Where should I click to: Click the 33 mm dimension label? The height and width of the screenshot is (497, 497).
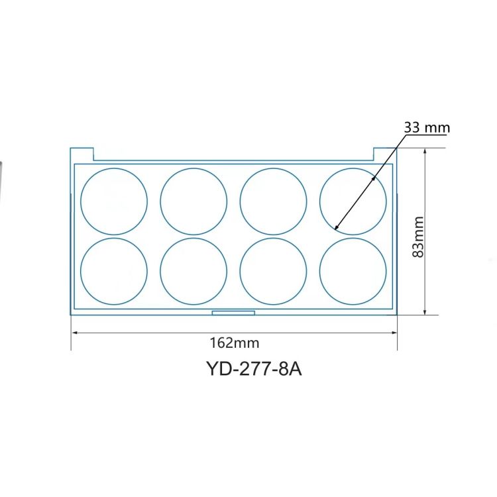427,127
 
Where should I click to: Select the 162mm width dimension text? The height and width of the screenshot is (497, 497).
234,343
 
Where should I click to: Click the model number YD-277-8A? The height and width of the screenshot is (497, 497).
254,368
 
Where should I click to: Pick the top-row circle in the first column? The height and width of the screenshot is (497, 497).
114,201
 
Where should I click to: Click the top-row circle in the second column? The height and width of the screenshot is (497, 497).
193,201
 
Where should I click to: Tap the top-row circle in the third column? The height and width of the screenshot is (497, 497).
273,201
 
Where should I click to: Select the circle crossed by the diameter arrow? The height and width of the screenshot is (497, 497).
353,201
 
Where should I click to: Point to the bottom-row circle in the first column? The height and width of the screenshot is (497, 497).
114,271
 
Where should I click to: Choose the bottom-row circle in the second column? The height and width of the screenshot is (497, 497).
193,271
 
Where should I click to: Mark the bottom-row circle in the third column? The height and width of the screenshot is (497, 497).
273,271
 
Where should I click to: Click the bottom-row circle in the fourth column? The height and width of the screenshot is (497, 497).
353,271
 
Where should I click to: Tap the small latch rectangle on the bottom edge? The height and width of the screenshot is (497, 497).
233,312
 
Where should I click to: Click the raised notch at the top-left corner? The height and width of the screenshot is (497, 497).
82,154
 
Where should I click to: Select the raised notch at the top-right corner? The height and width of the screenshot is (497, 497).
385,154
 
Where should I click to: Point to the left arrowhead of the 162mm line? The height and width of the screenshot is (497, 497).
74,333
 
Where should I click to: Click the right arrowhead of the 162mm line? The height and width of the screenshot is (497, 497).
394,333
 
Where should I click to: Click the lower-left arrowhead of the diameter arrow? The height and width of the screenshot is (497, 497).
336,227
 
